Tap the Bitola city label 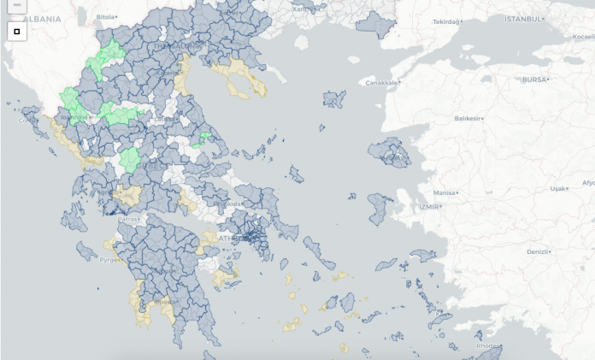click(105, 16)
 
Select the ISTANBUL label click(523, 18)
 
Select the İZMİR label click(428, 207)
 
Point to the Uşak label click(558, 188)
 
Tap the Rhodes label click(488, 345)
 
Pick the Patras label click(128, 219)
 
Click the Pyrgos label click(110, 259)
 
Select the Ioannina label click(75, 118)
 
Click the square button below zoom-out click(16, 32)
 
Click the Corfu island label click(28, 121)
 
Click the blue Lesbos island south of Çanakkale click(389, 154)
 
